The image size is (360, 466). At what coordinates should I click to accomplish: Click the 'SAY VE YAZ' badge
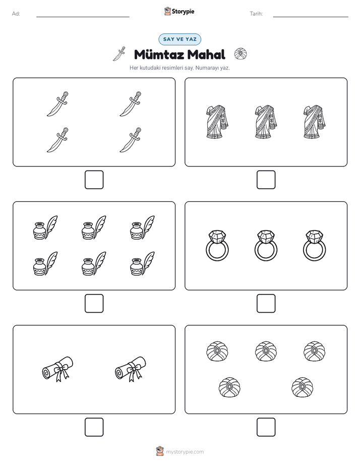coord(179,39)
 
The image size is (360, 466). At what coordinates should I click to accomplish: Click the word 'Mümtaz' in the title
coord(159,54)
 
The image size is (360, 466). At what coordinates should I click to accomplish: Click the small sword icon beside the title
coord(119,54)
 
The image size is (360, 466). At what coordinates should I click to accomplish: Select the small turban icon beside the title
coord(241,54)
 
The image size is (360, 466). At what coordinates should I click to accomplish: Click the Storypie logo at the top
coord(179,11)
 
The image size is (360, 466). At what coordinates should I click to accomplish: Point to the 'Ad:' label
coord(16,14)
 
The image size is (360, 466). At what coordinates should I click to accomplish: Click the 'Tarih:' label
coord(256,14)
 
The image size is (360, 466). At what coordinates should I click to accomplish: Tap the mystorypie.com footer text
coord(185,452)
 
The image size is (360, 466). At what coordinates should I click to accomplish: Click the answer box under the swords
coord(94,180)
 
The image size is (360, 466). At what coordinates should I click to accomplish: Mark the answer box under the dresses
coord(266,180)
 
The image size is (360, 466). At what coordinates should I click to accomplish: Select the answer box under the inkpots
coord(94,304)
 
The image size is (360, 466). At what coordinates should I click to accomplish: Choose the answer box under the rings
coord(266,304)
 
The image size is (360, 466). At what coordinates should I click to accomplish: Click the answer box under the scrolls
coord(94,427)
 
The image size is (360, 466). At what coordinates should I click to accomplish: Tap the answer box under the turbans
coord(266,427)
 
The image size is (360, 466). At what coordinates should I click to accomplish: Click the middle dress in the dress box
coord(266,122)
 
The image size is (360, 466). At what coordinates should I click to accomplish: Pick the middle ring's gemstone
coord(266,237)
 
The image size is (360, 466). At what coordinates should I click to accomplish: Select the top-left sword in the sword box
coord(58,104)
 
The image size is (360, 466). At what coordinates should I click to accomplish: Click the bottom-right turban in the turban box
coord(303,387)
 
